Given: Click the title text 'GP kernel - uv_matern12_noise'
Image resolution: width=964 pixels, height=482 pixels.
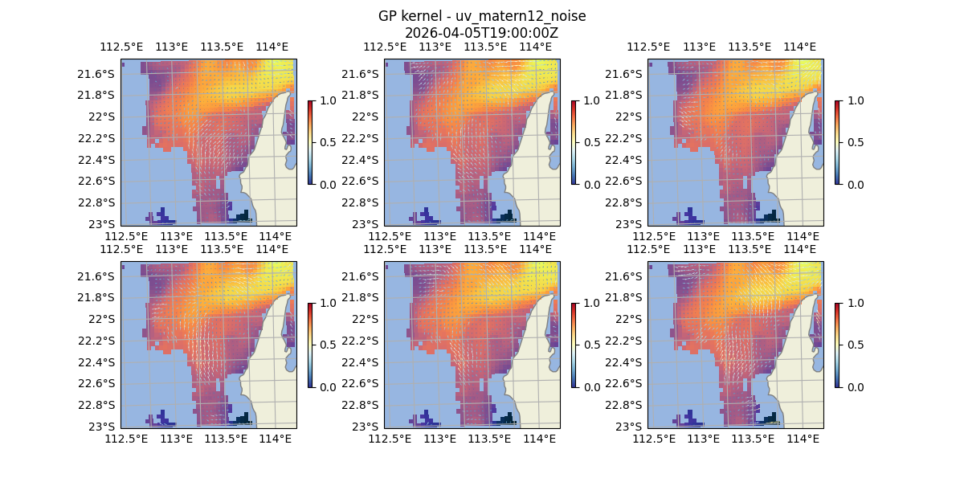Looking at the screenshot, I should (481, 16).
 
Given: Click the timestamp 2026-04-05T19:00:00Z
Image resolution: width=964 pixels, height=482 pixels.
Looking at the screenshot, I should (481, 33).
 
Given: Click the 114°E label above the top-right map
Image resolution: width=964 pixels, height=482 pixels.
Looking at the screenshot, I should (799, 47).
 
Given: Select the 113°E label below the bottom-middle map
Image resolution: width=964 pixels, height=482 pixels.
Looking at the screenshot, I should (440, 439).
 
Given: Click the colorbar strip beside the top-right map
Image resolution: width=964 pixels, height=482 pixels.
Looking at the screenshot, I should (837, 142).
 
